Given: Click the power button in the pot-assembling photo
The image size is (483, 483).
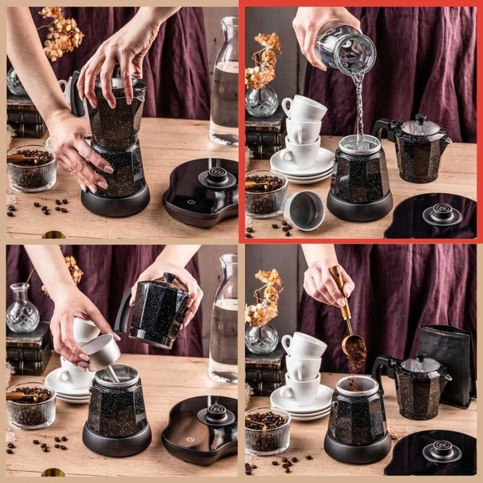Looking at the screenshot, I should point(191,201).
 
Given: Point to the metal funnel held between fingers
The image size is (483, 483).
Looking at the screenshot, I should point(102,351).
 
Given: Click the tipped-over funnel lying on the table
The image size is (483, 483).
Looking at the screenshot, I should point(304,210).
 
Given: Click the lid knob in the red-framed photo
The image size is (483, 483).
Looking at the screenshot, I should point(419,119).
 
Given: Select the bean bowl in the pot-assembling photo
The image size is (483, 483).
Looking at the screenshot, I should point(31,169).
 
